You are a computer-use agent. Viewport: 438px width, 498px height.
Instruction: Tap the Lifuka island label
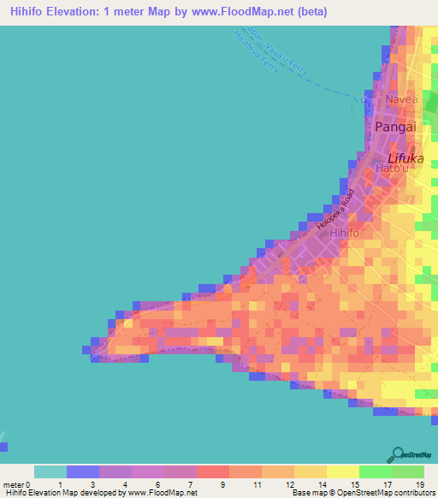click(x=405, y=159)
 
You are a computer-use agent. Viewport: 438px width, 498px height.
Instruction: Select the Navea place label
click(x=400, y=100)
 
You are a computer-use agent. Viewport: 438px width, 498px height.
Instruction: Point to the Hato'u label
click(x=392, y=169)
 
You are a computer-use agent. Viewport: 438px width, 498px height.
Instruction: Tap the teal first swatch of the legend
click(x=50, y=471)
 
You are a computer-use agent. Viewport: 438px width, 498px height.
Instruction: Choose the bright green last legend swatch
click(x=408, y=471)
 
